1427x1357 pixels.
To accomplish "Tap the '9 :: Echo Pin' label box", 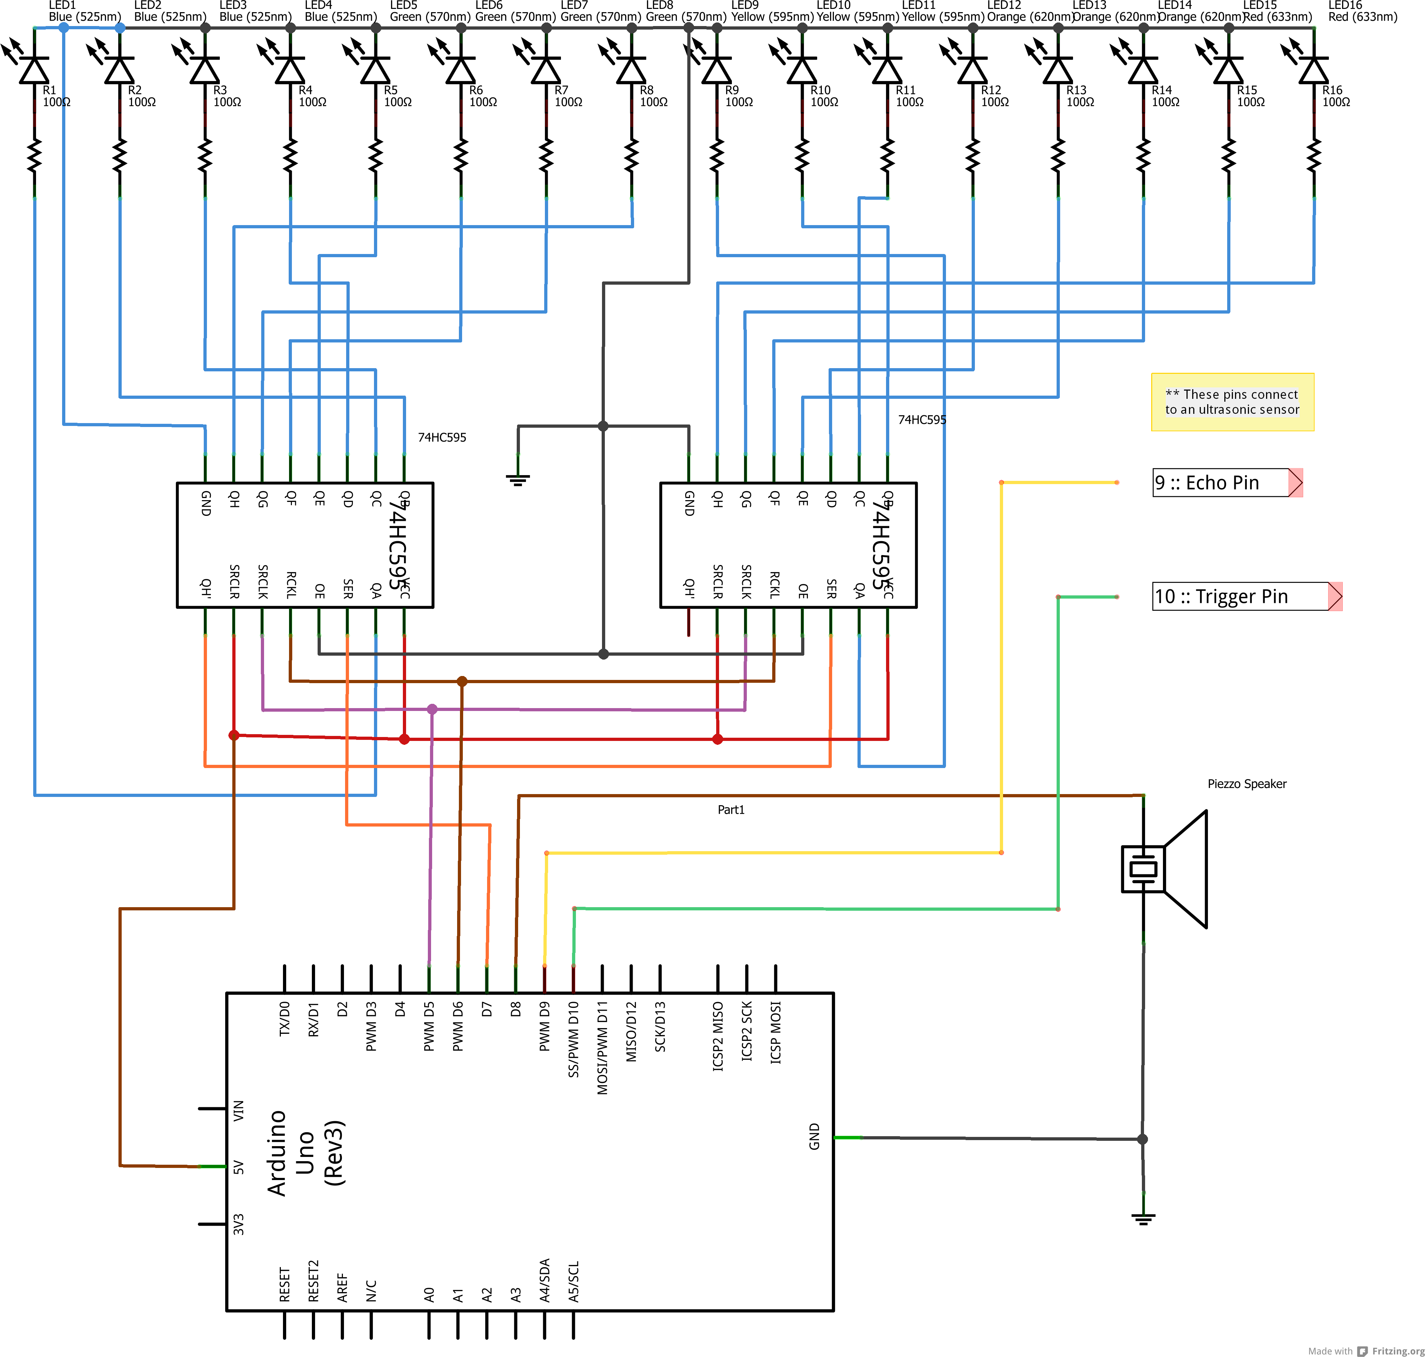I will [1223, 482].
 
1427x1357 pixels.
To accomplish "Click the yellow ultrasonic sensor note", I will [1232, 402].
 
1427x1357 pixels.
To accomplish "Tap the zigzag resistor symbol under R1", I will [34, 156].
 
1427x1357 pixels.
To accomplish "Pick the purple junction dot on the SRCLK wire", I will [432, 709].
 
